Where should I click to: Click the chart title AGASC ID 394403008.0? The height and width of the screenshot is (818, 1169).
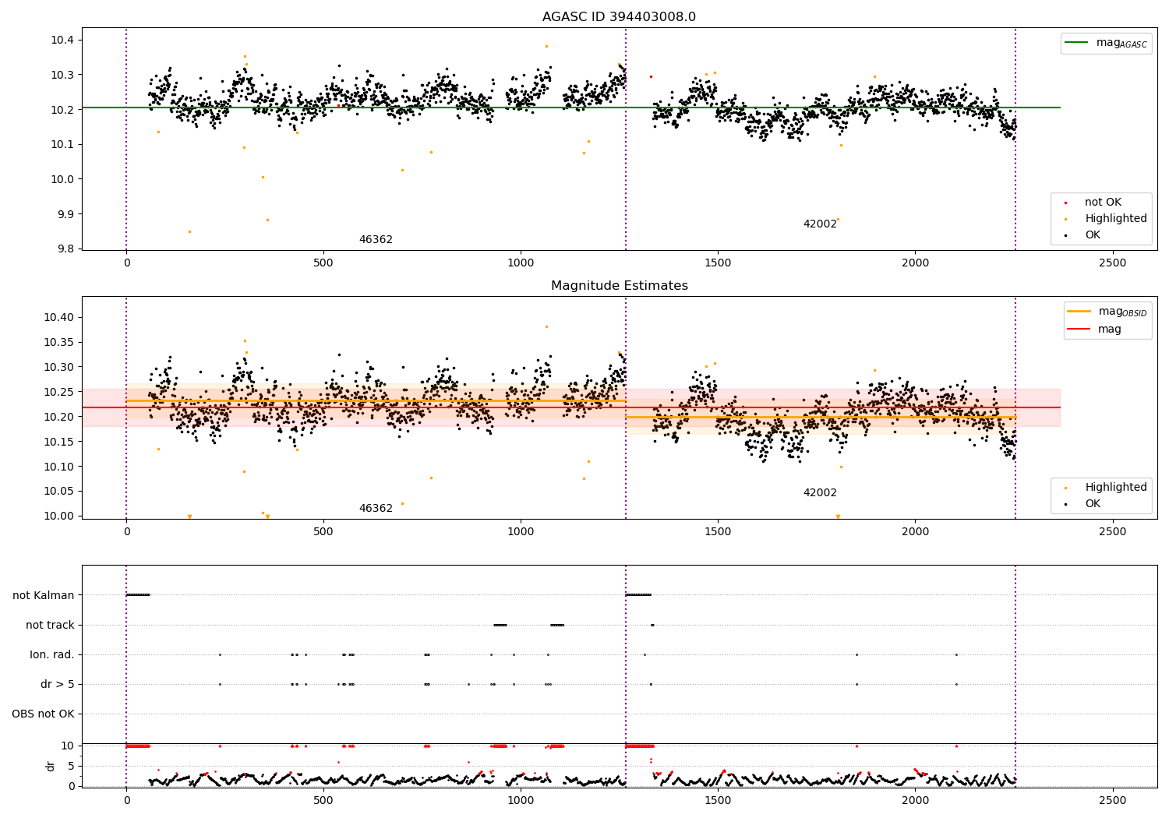pos(619,17)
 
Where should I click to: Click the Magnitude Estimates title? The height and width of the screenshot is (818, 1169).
pos(619,286)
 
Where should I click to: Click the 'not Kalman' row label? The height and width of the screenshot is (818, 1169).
pos(44,595)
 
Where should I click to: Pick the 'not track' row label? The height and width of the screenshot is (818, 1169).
pos(50,625)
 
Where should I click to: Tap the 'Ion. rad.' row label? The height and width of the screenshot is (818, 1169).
pos(52,654)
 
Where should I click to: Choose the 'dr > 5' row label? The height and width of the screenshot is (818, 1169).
pos(58,684)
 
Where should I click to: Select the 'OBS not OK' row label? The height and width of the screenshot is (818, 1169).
pos(43,714)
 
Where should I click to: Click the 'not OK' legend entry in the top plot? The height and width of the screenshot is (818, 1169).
pos(1103,203)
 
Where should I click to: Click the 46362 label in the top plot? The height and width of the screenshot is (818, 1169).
pos(376,240)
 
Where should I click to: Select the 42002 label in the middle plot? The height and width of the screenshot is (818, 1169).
pos(820,493)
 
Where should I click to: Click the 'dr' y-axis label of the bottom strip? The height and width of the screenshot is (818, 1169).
pos(51,766)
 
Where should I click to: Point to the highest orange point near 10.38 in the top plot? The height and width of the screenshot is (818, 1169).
pos(546,46)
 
